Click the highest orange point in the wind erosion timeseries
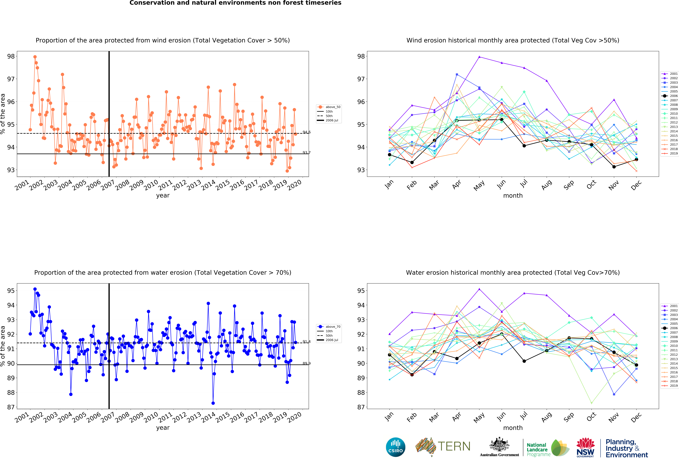pyautogui.click(x=35, y=57)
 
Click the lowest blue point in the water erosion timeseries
pyautogui.click(x=213, y=403)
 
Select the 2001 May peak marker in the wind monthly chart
pyautogui.click(x=479, y=57)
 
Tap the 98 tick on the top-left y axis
pyautogui.click(x=11, y=56)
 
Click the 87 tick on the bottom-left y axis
pyautogui.click(x=11, y=407)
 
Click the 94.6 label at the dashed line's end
pyautogui.click(x=306, y=132)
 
